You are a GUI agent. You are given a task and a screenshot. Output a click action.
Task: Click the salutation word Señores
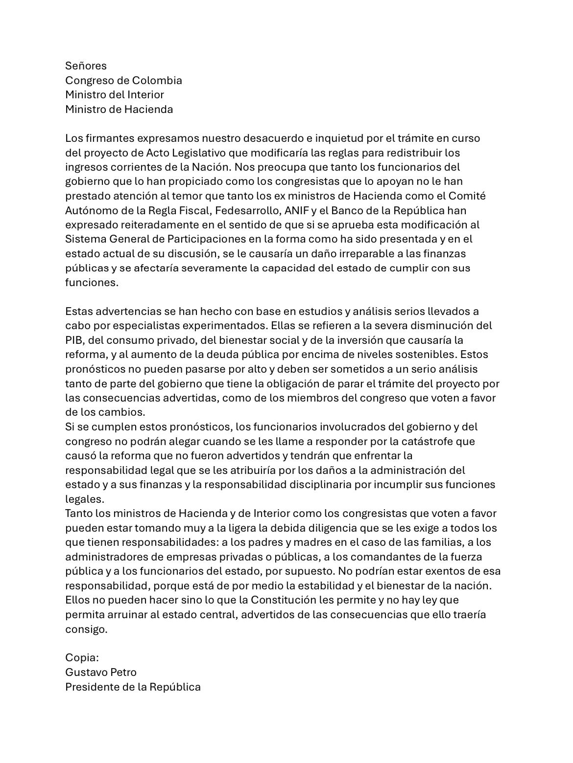(x=86, y=66)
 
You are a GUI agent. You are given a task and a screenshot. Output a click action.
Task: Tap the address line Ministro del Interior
(x=115, y=94)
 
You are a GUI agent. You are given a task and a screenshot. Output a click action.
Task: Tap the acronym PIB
(x=75, y=340)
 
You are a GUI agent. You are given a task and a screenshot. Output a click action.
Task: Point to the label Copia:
(x=82, y=658)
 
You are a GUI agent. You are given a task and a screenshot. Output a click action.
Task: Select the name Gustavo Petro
(x=101, y=673)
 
